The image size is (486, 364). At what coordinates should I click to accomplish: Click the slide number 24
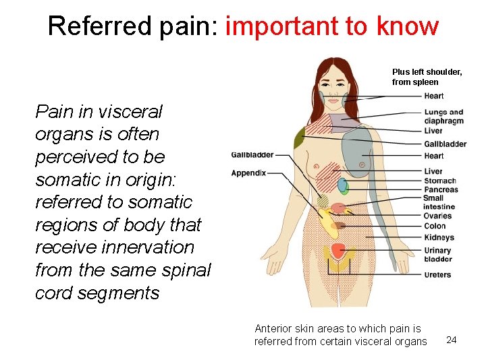452,340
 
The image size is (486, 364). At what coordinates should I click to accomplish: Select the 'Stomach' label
439,181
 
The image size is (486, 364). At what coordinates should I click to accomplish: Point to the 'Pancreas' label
441,189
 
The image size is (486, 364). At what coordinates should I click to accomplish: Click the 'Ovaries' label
438,216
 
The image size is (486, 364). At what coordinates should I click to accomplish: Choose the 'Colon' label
435,226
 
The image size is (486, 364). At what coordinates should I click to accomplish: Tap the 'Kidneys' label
439,237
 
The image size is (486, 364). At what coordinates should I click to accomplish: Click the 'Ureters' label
437,274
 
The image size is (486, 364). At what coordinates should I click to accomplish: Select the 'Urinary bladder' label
437,255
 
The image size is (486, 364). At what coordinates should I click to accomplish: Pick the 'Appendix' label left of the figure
248,173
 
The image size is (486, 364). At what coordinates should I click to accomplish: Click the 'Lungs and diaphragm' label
443,117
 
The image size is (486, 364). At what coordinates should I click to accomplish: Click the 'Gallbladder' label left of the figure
252,154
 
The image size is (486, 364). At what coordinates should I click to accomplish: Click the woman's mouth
332,96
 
